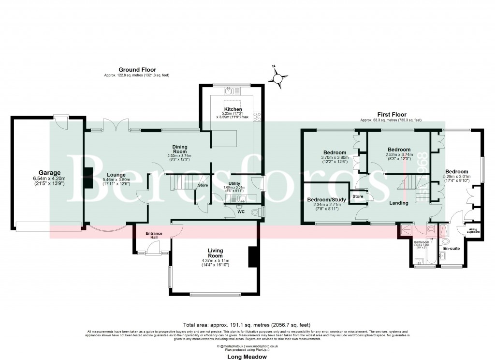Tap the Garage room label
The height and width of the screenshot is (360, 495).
point(50,172)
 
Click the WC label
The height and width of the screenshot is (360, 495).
point(241,211)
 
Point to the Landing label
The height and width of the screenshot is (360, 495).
point(399,203)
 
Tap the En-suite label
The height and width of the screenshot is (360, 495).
point(451,248)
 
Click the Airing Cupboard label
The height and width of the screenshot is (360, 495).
point(473,230)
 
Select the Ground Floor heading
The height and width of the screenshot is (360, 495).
point(137,70)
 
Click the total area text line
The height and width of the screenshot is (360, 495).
point(247,325)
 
